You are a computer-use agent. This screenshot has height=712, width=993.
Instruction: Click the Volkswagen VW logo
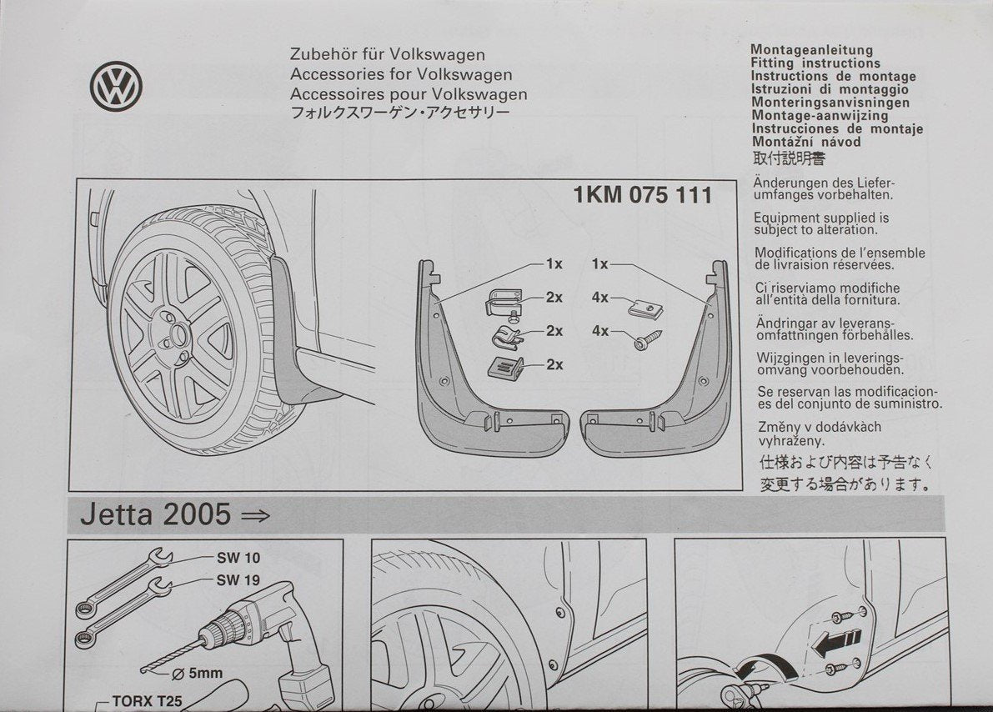point(116,86)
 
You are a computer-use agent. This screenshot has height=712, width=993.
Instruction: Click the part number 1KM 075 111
point(643,196)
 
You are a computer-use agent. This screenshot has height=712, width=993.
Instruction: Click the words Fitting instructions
point(815,63)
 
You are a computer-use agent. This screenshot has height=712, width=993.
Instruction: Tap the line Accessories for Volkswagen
point(401,75)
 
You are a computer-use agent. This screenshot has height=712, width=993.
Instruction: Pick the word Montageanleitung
point(811,50)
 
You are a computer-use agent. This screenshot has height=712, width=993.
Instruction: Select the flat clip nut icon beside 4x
point(644,308)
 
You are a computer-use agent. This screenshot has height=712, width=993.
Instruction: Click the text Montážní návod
point(805,142)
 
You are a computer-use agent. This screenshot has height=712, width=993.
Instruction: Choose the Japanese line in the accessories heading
point(399,113)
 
